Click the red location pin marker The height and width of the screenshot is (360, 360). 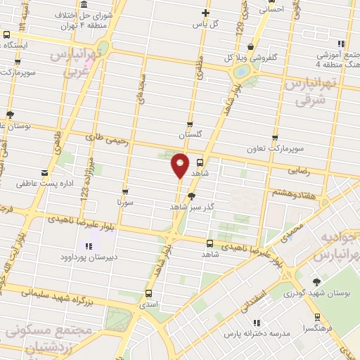[x=181, y=166]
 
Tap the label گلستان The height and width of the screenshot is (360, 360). [x=190, y=134]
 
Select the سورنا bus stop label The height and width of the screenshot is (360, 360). [x=125, y=202]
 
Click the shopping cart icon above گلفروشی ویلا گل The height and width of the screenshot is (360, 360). [x=250, y=46]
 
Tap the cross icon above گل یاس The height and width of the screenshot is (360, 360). [x=206, y=13]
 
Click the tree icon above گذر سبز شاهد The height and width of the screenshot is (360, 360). [x=191, y=196]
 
